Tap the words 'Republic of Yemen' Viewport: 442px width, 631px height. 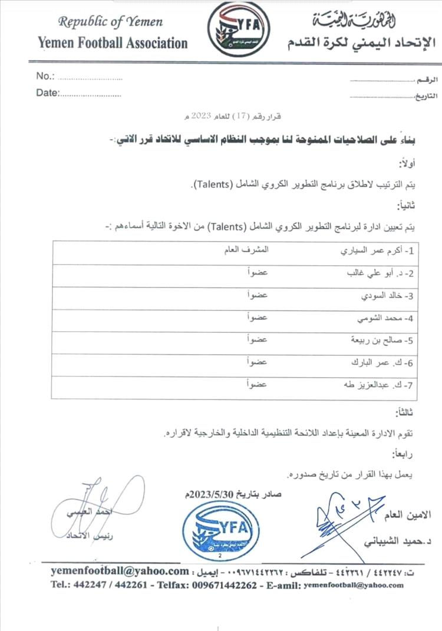click(110, 22)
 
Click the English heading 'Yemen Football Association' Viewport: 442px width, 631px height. click(113, 42)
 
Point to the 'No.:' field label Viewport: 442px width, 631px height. click(46, 76)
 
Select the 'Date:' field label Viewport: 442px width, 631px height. click(48, 92)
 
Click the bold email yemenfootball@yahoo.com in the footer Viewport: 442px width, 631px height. click(118, 571)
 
